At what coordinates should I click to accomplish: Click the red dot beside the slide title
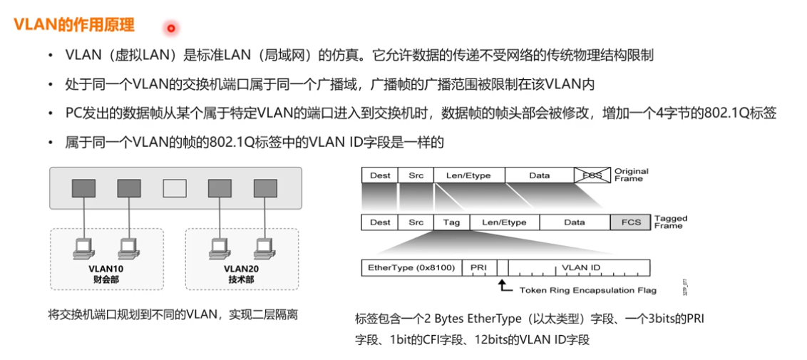171,29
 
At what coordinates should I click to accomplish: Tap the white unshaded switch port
175,188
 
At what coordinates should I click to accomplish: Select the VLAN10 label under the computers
106,269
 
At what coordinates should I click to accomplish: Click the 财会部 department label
106,279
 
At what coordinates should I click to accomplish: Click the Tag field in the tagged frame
451,222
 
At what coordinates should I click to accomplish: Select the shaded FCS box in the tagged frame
630,222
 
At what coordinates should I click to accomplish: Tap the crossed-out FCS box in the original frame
592,175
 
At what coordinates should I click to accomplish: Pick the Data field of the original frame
539,175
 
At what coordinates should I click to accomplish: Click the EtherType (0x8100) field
411,267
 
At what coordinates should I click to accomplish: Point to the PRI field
478,267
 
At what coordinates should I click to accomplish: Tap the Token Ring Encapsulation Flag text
587,290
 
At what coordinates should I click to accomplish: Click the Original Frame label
631,175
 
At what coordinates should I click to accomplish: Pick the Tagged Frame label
669,222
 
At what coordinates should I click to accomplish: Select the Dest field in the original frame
380,175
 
